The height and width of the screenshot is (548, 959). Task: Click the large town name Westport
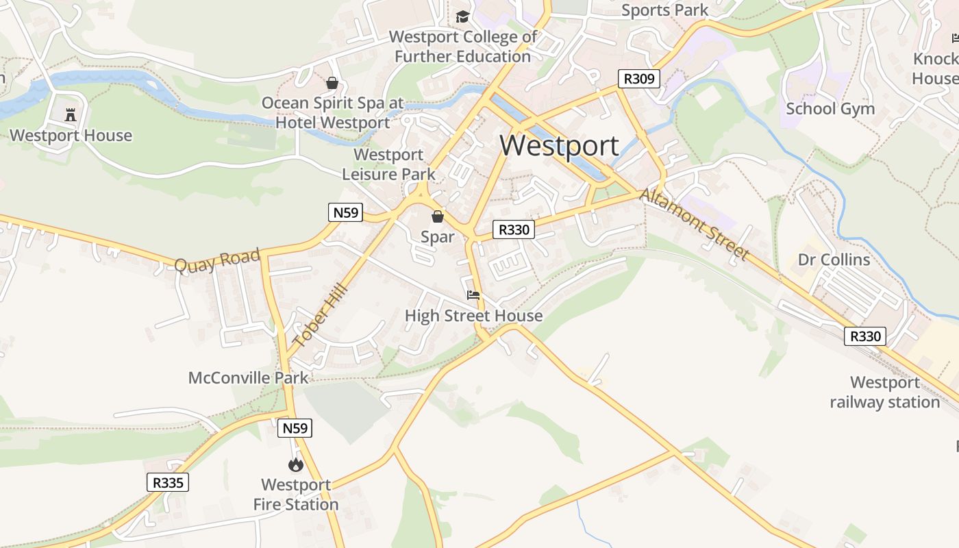click(x=559, y=146)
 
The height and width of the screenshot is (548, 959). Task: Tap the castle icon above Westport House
click(x=71, y=114)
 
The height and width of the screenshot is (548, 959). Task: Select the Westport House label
click(x=71, y=135)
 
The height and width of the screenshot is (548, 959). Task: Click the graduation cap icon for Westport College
click(x=463, y=16)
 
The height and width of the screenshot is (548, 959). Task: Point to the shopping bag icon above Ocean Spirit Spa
click(x=332, y=83)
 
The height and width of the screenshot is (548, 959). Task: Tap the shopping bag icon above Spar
click(x=438, y=217)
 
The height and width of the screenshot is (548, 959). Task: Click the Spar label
click(x=438, y=237)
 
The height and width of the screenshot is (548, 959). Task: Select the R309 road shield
click(x=638, y=79)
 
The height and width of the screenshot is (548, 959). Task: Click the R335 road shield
click(x=168, y=482)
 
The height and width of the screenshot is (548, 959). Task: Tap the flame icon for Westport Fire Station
click(x=296, y=465)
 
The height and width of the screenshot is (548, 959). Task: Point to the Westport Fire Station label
click(x=296, y=495)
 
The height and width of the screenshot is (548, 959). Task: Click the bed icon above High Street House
click(x=473, y=296)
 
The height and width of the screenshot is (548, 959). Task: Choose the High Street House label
click(x=473, y=316)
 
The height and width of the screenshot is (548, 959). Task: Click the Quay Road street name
click(x=217, y=261)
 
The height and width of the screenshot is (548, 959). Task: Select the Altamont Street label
click(x=694, y=224)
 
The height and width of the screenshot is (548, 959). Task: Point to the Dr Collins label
click(x=834, y=260)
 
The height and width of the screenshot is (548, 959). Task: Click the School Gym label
click(x=830, y=108)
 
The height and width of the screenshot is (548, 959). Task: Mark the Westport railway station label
click(x=884, y=392)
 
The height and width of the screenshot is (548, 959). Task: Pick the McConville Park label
click(x=249, y=377)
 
